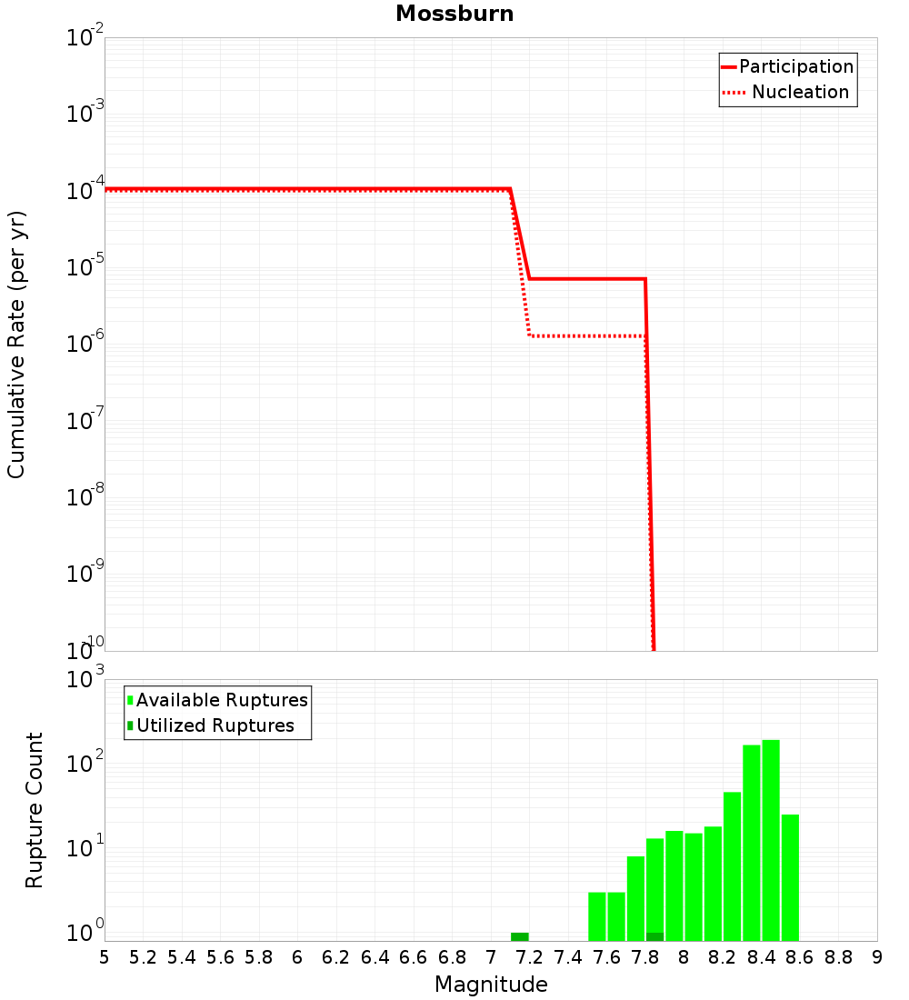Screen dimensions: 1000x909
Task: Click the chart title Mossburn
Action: pos(454,14)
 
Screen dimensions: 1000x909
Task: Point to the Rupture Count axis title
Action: pos(35,810)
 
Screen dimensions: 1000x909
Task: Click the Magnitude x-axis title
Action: pos(491,985)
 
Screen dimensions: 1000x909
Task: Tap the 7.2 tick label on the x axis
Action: pos(529,957)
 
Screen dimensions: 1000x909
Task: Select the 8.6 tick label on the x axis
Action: pos(800,957)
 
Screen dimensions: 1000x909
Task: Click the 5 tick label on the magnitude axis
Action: pos(105,957)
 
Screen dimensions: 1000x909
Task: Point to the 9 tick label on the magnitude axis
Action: pos(877,957)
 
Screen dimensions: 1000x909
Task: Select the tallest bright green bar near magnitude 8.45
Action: pos(771,836)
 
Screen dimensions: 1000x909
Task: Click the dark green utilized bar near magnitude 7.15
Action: pos(519,936)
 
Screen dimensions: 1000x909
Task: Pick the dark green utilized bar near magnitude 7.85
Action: pos(654,936)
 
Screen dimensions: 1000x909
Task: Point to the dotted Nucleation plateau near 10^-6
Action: pos(586,336)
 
